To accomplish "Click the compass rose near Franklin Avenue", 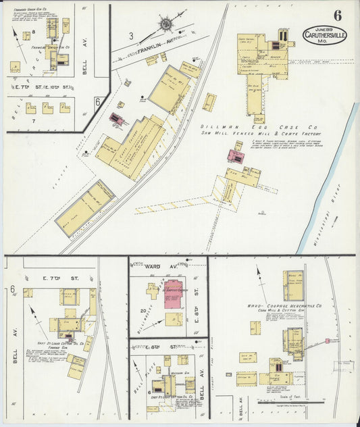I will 165,24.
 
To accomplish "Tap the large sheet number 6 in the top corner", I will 336,15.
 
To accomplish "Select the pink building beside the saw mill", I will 236,157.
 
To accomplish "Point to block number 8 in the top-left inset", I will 25,33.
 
